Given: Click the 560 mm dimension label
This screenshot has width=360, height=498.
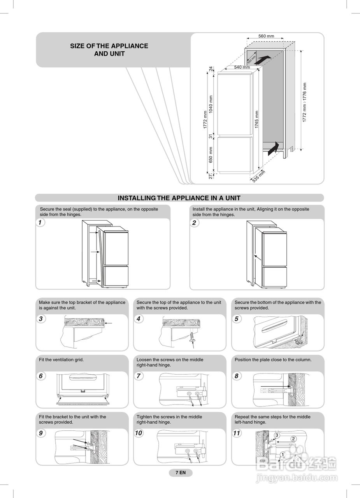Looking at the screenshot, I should tap(266, 36).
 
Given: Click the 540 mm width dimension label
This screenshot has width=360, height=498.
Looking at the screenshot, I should tap(242, 67).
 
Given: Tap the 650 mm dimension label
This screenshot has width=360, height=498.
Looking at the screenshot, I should tap(211, 154).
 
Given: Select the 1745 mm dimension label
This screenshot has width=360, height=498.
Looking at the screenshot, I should tap(256, 119).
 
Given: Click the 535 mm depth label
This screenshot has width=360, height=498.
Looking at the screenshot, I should tap(259, 177).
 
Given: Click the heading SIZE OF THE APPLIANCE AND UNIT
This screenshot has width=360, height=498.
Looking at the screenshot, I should tap(109, 50).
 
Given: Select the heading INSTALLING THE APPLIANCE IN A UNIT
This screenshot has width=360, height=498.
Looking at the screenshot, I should tap(179, 198).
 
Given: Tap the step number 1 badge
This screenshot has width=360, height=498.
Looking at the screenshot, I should tap(40, 223).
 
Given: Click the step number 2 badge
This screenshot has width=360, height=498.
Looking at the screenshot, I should tap(194, 223).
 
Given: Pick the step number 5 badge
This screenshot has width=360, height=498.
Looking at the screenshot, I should tap(236, 319).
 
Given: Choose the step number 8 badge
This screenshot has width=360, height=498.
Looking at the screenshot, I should tap(236, 376).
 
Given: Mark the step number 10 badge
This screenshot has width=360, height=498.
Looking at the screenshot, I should tap(139, 433).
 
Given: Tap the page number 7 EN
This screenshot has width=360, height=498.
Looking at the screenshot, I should tap(181, 473).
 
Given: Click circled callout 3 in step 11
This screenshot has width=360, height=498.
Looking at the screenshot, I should tap(277, 435).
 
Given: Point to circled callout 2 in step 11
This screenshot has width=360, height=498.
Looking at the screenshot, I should tap(293, 439).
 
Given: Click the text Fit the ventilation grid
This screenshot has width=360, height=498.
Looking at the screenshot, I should tap(61, 360).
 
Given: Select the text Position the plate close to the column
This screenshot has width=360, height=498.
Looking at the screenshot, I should tap(273, 360).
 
